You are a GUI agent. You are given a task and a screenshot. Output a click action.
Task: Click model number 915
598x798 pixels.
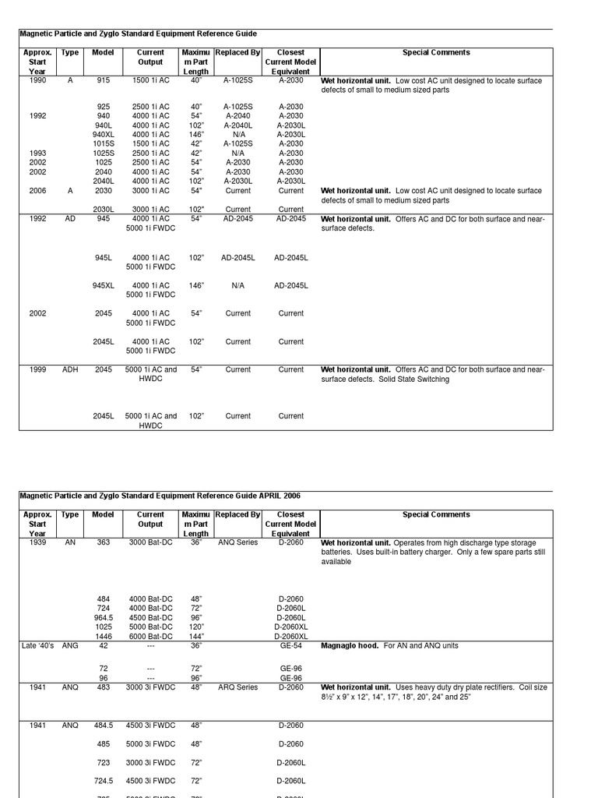(x=104, y=80)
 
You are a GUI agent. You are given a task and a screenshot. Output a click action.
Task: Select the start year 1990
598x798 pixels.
(x=37, y=80)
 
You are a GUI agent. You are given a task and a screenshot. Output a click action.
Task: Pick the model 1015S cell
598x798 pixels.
(x=104, y=143)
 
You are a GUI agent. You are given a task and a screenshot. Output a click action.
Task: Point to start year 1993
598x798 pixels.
(x=37, y=153)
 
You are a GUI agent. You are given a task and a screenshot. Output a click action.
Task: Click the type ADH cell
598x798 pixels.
(x=70, y=369)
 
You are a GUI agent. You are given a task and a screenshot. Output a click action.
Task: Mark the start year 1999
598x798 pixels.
(x=37, y=369)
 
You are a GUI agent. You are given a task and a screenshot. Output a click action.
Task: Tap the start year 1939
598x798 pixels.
(x=37, y=542)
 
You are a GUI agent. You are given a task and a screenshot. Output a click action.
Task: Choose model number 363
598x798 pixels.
(x=104, y=542)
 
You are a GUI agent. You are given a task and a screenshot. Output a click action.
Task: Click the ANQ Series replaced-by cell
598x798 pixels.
(x=237, y=542)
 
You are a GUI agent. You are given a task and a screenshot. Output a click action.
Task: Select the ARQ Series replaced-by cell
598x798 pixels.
(x=237, y=687)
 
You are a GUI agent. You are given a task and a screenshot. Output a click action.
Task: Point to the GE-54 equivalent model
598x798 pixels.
(x=291, y=646)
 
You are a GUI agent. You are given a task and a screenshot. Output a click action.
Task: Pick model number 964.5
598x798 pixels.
(x=104, y=617)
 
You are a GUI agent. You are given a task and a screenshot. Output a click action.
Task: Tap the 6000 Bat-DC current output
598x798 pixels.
(x=150, y=636)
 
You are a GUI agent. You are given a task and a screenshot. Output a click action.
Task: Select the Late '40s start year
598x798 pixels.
(x=37, y=646)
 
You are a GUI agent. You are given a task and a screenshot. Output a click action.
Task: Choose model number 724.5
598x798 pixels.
(x=104, y=780)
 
